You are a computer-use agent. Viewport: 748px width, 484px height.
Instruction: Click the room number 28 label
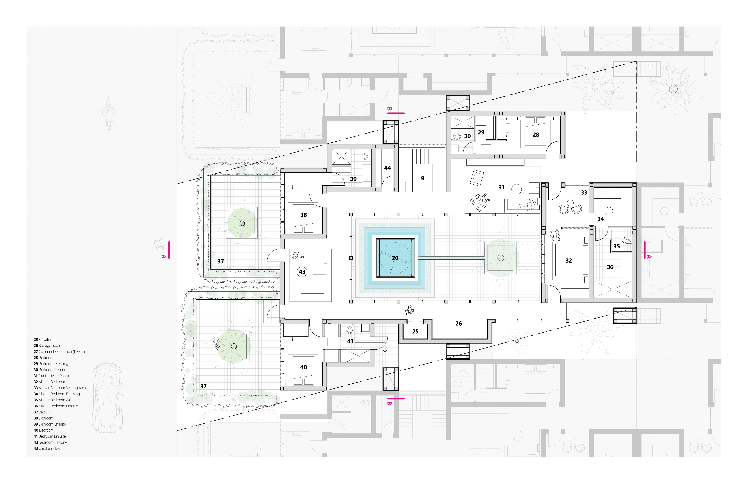[x=536, y=135]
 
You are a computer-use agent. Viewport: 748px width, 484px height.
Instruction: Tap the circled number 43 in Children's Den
[x=302, y=272]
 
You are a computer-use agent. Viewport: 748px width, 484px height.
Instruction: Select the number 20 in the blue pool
[x=395, y=258]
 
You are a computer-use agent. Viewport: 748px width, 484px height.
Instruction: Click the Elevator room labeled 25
[x=415, y=331]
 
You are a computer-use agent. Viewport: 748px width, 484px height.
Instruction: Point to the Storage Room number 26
[x=459, y=323]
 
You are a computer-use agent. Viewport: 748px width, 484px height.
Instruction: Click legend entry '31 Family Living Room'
[x=51, y=376]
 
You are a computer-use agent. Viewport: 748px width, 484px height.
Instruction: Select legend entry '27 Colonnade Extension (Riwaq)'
[x=59, y=352]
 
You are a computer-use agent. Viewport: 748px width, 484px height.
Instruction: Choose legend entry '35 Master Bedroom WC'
[x=53, y=400]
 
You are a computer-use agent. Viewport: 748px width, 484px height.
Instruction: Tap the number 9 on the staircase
[x=422, y=178]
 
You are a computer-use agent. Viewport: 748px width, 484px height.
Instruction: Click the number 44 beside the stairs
[x=388, y=168]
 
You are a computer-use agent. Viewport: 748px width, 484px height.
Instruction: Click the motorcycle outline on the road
[x=109, y=113]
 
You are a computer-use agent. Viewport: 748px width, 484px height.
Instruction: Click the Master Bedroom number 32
[x=568, y=261]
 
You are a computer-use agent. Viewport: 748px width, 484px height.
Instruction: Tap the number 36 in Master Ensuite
[x=610, y=267]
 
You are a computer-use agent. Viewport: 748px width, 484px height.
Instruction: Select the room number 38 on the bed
[x=303, y=215]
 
